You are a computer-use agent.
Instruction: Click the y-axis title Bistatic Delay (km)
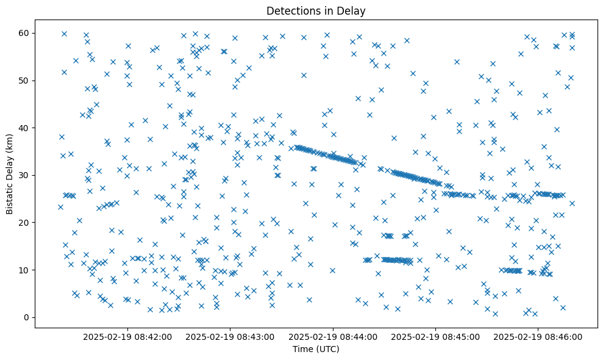coord(10,173)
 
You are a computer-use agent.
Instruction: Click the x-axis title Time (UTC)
coord(316,350)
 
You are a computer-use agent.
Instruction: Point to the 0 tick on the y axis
coord(27,317)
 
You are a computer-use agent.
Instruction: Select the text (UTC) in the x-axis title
coord(327,350)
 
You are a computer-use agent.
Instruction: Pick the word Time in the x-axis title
coord(302,350)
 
